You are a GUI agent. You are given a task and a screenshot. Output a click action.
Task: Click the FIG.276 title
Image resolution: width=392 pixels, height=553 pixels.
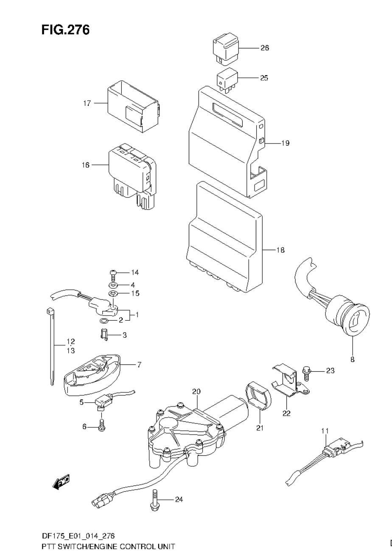pos(65,30)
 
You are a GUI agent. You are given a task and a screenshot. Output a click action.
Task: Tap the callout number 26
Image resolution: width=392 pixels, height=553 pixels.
pos(264,48)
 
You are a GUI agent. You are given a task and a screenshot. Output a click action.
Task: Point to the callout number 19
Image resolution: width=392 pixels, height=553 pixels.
pos(285,143)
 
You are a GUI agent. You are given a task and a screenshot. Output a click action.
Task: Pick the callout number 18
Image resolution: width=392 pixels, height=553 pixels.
pos(280,250)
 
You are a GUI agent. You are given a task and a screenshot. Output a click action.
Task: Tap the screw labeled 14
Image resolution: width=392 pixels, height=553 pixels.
pos(113,274)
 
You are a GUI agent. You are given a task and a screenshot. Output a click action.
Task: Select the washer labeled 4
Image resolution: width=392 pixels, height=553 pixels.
pos(113,285)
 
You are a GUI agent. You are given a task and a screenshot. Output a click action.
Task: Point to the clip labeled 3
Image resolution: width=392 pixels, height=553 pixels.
pos(104,335)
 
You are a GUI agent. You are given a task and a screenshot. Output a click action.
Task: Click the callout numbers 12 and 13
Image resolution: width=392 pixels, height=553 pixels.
pos(70,346)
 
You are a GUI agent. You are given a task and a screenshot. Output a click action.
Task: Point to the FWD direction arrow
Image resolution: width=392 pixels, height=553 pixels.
pos(62,482)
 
